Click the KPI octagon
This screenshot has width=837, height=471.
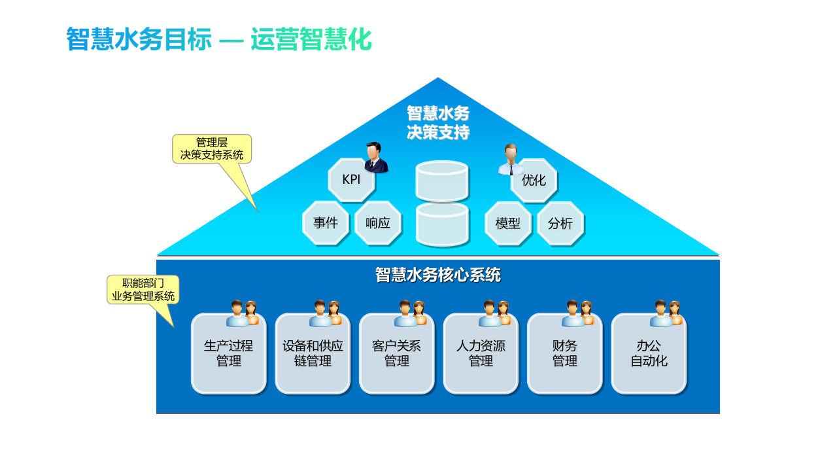351,180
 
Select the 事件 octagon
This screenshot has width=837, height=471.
325,223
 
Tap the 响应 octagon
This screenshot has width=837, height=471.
377,223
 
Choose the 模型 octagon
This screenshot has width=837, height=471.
508,224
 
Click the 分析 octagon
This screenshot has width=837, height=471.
560,224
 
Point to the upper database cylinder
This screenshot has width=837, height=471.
442,181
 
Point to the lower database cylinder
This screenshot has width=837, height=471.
442,224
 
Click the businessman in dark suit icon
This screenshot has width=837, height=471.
375,158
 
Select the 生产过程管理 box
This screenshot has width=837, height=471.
228,354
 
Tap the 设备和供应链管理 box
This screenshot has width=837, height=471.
313,354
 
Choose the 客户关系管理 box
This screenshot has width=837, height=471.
396,354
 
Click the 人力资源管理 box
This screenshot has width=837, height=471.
481,354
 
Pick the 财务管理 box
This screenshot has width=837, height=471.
564,354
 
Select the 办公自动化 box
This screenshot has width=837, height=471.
649,354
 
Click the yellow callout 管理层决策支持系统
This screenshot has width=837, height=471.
212,148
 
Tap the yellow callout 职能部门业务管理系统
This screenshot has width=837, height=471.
143,290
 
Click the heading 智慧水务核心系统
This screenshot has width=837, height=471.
437,275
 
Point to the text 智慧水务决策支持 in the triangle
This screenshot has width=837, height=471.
437,122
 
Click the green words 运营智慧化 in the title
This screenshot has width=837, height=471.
311,40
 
